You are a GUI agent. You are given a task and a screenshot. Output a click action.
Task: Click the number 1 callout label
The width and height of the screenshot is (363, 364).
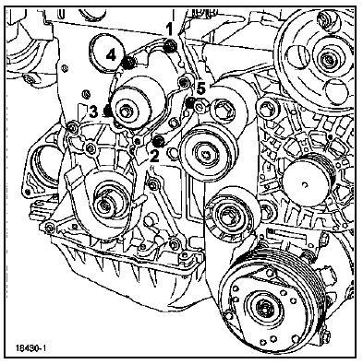pos(169,29)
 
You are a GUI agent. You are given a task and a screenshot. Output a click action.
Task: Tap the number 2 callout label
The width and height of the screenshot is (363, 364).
pos(154,157)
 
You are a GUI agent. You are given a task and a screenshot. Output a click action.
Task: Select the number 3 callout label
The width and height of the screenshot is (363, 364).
pos(93,112)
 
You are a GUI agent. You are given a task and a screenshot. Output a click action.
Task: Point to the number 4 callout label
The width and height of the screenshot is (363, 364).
pos(111,55)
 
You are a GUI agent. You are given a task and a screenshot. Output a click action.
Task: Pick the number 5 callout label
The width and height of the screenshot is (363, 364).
pos(200,89)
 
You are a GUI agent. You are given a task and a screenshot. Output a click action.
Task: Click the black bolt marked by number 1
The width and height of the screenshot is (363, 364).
pos(170,46)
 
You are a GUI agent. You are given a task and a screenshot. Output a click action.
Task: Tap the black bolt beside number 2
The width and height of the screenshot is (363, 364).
pos(159,141)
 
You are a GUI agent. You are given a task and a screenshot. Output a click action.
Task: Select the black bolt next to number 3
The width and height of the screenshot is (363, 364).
pos(108,111)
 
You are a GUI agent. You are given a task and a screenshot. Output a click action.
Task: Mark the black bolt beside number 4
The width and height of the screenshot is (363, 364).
pos(128,63)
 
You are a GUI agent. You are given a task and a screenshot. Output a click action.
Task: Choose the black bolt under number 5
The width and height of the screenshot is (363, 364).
pos(191,103)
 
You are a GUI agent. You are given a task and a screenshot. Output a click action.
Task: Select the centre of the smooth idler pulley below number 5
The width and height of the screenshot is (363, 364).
pos(207,152)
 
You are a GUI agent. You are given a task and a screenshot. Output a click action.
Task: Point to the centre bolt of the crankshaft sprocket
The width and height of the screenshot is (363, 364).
pos(104,205)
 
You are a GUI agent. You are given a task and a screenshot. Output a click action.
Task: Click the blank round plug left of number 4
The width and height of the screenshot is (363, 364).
pos(106,53)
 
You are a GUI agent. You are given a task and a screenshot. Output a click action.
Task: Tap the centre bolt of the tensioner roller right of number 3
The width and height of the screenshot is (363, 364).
pos(126,112)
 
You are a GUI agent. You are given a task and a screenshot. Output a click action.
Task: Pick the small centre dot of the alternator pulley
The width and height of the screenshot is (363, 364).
pos(305,184)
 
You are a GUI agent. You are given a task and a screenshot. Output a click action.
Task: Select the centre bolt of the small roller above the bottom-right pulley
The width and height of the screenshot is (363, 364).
pos(227,214)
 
